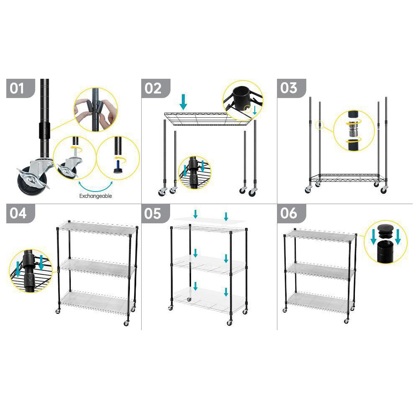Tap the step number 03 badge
[291, 88]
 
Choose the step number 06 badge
[291, 213]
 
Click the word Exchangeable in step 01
[96, 196]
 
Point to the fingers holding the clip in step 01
[96, 109]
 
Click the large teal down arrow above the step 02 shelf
[184, 102]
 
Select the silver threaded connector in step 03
[354, 131]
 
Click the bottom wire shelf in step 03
[348, 178]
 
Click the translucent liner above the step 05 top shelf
[209, 220]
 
